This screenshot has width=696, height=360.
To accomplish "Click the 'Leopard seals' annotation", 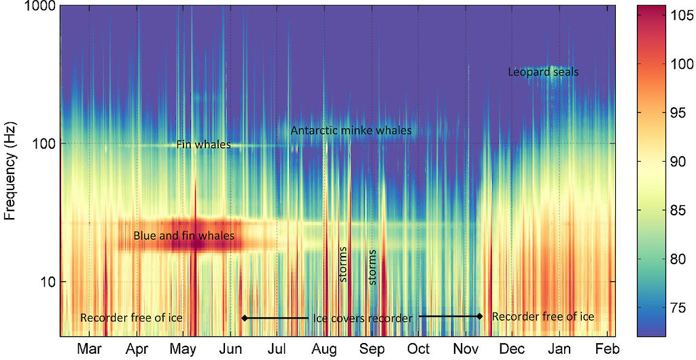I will pos(543,71).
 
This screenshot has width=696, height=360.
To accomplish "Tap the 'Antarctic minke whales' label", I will pos(351,130).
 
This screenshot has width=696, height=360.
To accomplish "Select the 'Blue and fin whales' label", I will pos(184,236).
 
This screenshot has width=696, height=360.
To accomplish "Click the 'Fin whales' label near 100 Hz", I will pos(203,145).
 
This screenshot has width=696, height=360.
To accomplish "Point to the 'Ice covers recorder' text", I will pos(362,318).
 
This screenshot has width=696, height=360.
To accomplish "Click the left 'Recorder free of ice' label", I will pos(131,317).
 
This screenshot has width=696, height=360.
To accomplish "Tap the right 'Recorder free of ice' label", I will pos(542,317).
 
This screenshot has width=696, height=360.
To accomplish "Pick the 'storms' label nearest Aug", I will pos(343,266).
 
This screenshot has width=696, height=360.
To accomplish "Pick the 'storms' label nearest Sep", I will pos(372,266).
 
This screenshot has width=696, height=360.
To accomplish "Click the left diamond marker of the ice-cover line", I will pos(245,318).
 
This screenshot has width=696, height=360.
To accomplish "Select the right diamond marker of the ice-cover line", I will pos(479,317).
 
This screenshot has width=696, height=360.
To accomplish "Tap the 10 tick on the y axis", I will pos(47,282).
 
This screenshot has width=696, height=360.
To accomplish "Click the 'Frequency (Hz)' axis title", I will pos(10,170).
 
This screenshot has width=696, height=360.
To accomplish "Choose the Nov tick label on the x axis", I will pos(466,349).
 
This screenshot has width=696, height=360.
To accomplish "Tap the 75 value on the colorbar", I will pos(672,308).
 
